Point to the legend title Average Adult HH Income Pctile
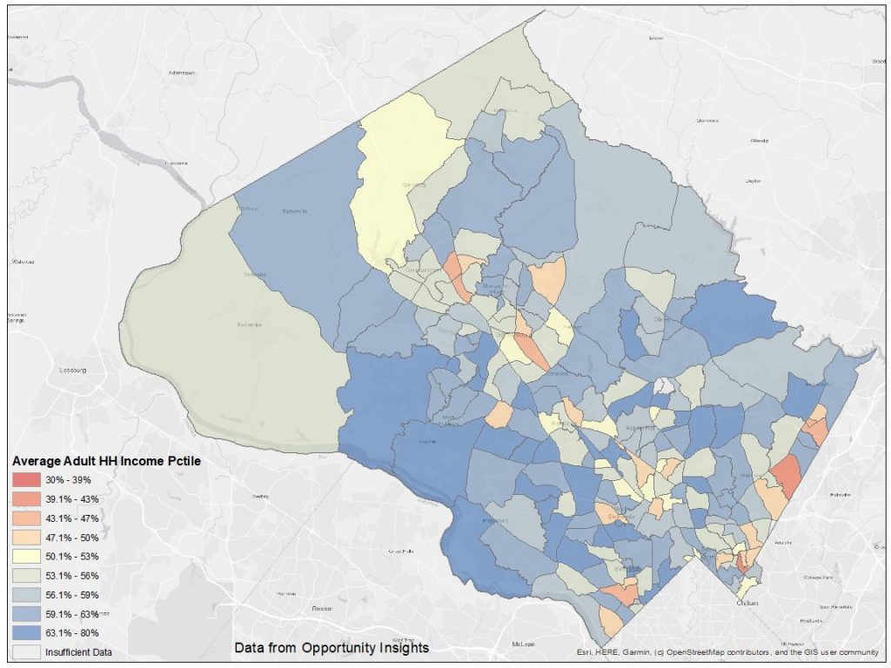pyautogui.click(x=107, y=461)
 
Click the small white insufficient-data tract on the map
pyautogui.click(x=664, y=384)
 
